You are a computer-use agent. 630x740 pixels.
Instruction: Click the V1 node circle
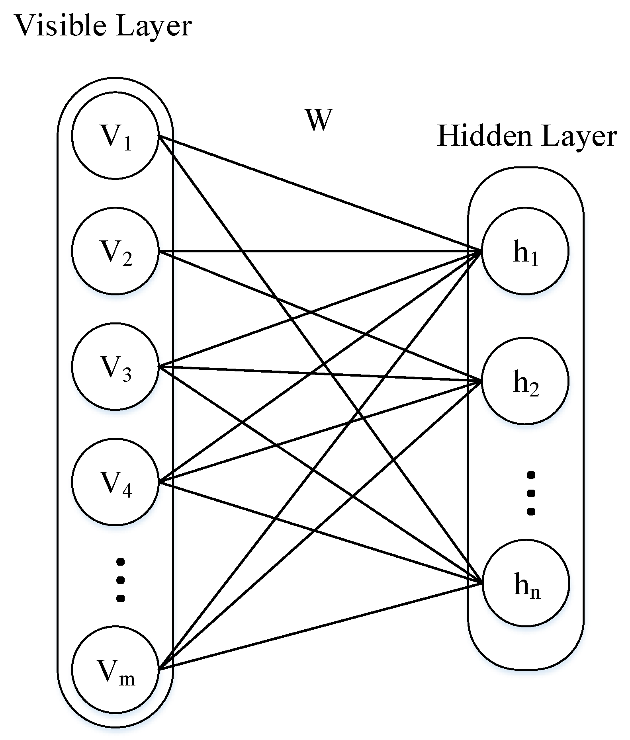115,136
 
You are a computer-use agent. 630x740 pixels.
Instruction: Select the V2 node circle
115,251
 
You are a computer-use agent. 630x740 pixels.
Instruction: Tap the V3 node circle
115,367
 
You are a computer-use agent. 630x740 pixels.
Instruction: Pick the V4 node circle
115,482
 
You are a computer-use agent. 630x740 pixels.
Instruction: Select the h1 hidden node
525,251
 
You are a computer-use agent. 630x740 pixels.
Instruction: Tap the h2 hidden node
525,381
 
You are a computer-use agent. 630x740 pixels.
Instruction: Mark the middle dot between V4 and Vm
120,580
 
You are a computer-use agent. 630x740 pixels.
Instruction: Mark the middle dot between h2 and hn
530,493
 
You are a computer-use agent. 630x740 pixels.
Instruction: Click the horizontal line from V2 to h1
319,251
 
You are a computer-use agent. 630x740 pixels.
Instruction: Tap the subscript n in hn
535,592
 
